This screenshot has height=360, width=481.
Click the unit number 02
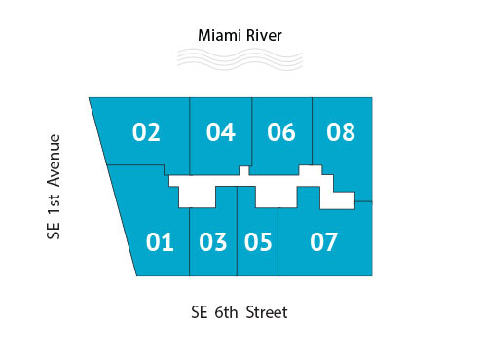tap(146, 131)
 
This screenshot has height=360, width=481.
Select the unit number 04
tap(221, 131)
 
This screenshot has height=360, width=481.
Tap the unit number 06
tap(280, 131)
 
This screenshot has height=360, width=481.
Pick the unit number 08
tap(341, 131)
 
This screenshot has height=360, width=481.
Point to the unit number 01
tap(160, 242)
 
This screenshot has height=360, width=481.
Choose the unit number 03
tap(212, 242)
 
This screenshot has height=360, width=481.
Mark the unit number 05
tap(258, 242)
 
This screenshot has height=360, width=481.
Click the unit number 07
tap(323, 242)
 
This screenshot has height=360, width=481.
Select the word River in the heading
tap(263, 36)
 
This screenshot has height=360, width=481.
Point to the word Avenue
tap(55, 160)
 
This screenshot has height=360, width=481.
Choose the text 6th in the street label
tap(224, 313)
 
